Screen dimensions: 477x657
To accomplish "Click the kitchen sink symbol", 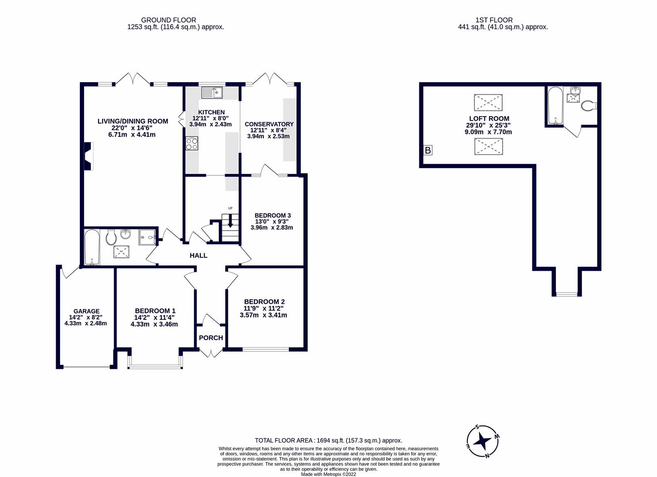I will coord(212,93).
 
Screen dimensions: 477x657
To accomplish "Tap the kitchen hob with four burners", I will coord(192,144).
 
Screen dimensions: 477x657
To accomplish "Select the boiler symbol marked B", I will coord(427,151).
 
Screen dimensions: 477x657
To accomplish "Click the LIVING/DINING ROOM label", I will coord(133,121).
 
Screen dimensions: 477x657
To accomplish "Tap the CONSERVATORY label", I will coord(269,124).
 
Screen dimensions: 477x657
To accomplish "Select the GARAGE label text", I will coord(86,311).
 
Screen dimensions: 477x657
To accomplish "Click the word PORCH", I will coord(211,338).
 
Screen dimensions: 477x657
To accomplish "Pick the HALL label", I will coord(198,255).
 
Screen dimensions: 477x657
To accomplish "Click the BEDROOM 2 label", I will coord(264,302).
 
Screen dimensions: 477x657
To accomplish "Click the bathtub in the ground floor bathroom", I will coord(92,247).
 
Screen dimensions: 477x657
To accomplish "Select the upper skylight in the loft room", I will coord(488,102).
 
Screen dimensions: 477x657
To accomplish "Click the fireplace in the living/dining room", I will coord(88,156).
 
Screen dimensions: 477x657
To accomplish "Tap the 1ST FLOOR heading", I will coord(494,20).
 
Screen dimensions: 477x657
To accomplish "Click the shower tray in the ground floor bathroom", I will coord(148,237).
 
